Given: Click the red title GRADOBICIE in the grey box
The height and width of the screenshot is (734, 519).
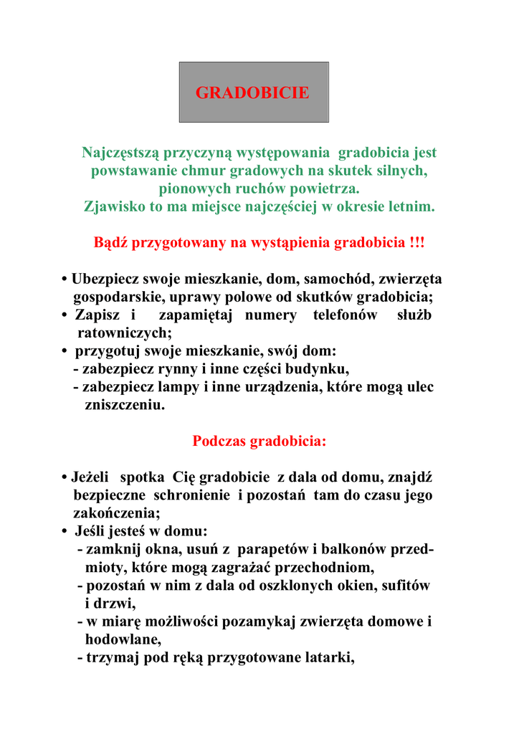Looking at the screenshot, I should coord(253,92).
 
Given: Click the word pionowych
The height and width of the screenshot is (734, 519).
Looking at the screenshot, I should coord(191,189).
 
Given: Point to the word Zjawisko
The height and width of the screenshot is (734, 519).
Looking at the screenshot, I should coord(113,206).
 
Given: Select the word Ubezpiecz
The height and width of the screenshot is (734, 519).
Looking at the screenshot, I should coord(105,279).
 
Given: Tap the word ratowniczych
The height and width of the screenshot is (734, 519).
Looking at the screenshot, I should coord(123,333).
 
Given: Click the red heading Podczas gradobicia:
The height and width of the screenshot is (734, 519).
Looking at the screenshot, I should coord(259,441).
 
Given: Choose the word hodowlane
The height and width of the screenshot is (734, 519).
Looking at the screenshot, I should coord(122,640).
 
